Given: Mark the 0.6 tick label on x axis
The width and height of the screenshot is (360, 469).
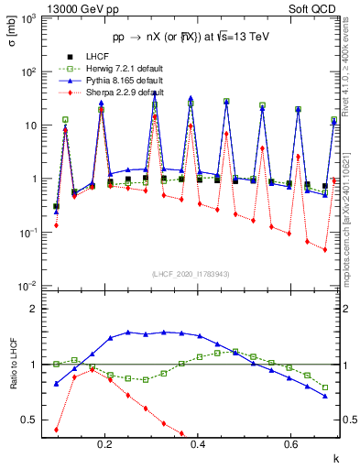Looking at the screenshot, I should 290,445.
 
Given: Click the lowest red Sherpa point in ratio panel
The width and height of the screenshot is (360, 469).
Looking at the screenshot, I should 57,430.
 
